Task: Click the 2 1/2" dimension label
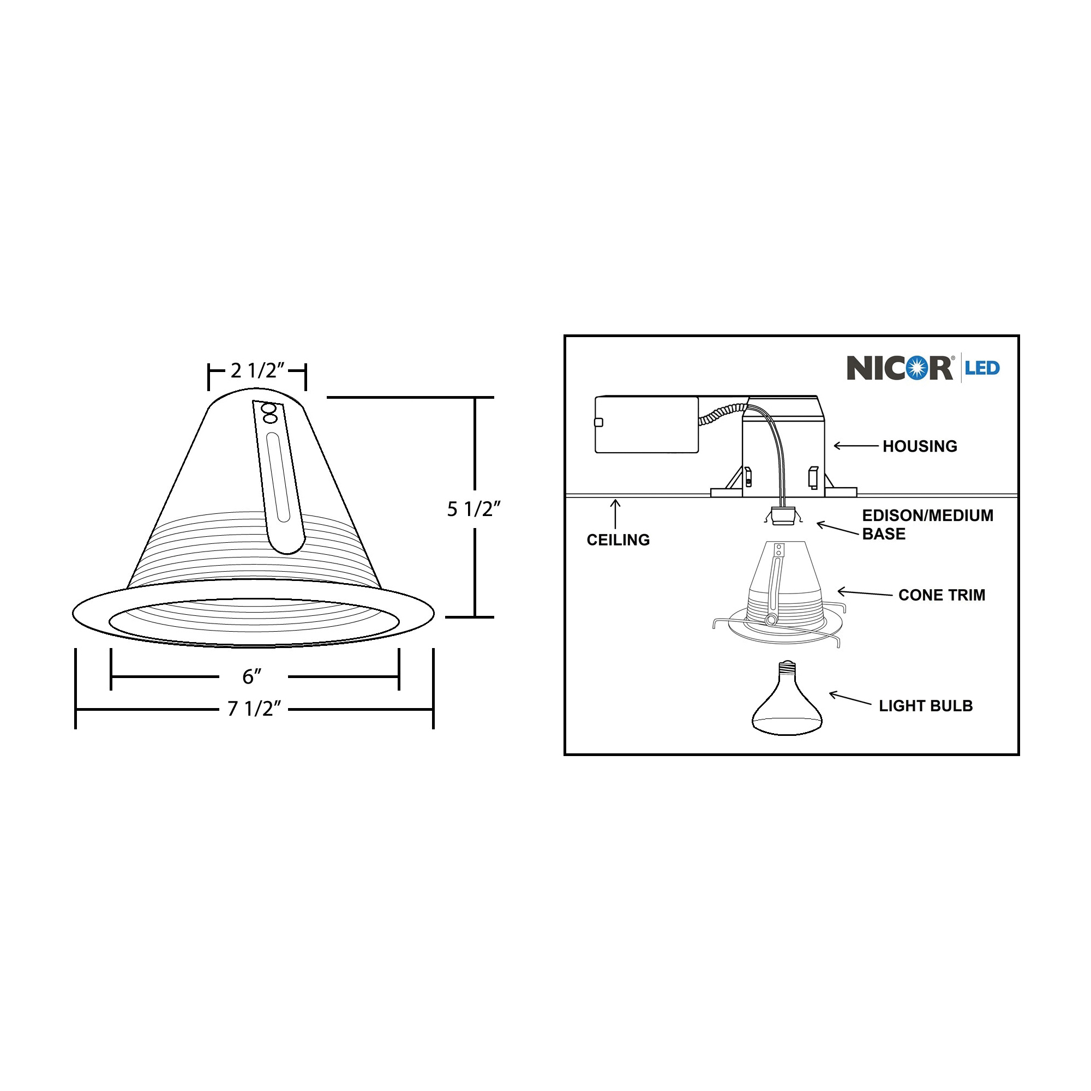pos(257,370)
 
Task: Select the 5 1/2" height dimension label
pos(474,509)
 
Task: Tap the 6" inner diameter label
pos(252,676)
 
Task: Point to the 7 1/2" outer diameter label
pos(254,708)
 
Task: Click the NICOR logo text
pos(900,368)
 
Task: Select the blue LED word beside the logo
pos(982,368)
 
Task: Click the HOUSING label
pos(920,446)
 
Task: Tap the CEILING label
pos(619,540)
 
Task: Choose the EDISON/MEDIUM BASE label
pos(927,525)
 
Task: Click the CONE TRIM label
pos(942,595)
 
